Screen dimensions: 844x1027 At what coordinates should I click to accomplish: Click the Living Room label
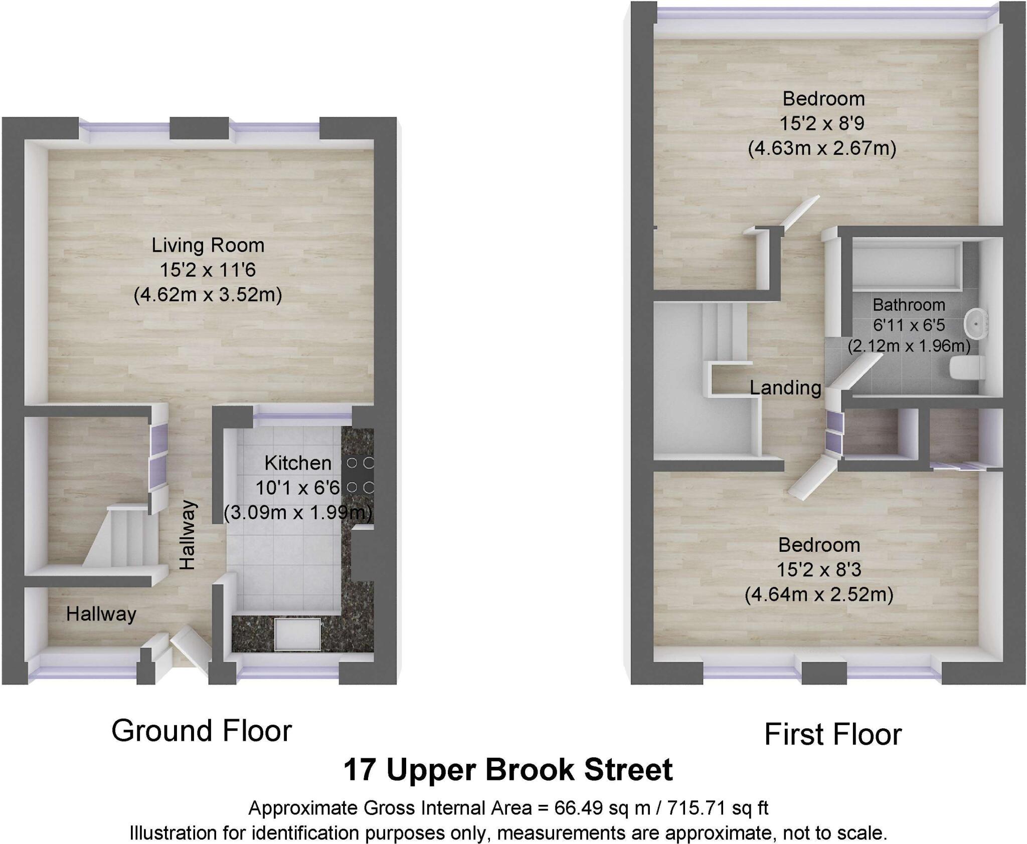tap(208, 246)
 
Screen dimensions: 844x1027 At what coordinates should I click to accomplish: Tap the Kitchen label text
tap(298, 463)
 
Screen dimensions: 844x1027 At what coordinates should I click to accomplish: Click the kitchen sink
tap(298, 635)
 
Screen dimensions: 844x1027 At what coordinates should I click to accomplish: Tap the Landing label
tap(785, 387)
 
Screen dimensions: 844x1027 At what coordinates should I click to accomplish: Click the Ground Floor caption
tap(202, 731)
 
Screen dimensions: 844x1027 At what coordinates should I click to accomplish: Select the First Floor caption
tap(833, 735)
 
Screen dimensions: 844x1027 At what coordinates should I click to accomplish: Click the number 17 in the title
tap(360, 770)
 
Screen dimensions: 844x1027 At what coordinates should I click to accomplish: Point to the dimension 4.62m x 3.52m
tap(208, 295)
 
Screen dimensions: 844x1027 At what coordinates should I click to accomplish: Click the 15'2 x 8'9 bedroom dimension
tap(822, 123)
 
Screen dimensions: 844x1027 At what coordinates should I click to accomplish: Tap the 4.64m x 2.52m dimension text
tap(819, 595)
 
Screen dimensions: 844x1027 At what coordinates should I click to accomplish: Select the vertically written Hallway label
tap(188, 535)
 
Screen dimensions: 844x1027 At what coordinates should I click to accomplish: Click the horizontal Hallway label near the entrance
tap(101, 614)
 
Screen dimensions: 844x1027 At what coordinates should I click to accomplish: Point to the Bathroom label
tap(909, 305)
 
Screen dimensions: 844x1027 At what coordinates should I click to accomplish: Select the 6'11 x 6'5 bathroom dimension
tap(909, 325)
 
